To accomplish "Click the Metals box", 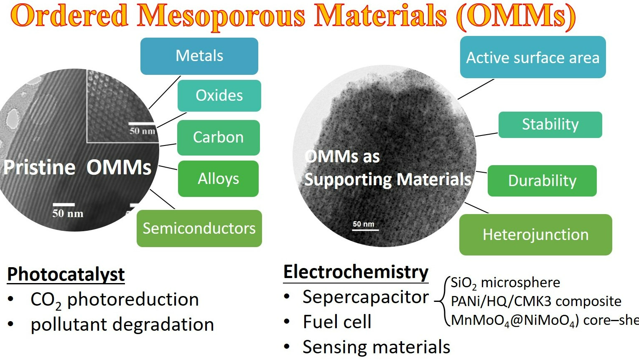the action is (199, 56).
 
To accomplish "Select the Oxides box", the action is (219, 96).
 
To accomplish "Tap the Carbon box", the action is (218, 138).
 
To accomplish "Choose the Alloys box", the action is (218, 179).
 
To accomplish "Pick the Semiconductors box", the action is (199, 228).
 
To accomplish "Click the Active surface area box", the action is (533, 57).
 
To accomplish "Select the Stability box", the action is (550, 125).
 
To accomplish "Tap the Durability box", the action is (542, 181).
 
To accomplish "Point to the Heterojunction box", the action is (535, 235).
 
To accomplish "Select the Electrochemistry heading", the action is (356, 272).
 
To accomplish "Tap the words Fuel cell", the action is (337, 322).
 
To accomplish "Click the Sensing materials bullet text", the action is (376, 347).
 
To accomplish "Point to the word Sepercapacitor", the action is (366, 297).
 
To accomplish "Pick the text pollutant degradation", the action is (122, 325).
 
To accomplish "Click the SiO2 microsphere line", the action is (505, 283).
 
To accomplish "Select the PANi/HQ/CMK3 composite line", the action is (536, 301).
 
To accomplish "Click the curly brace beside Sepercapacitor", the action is (442, 301).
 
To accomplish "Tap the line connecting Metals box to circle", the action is (165, 92).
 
